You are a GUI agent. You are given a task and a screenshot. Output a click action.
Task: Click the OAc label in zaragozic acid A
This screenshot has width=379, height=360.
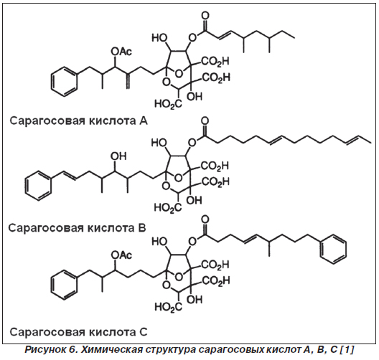[x=121, y=52]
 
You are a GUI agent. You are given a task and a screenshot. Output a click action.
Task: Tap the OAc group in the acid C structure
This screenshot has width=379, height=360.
[x=121, y=255]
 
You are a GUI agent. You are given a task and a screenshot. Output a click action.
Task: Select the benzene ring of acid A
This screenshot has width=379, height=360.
[x=65, y=82]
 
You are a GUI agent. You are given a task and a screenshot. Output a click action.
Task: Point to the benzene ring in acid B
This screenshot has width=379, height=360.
[x=38, y=186]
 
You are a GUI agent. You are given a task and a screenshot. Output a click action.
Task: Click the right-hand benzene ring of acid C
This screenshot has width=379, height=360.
[x=333, y=249]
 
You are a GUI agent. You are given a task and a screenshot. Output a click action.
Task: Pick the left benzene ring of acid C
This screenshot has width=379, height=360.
[x=65, y=285]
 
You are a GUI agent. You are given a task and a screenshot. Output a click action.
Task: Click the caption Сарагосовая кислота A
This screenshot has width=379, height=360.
[x=78, y=120]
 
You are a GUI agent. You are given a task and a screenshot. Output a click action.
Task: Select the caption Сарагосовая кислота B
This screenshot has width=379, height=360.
[x=78, y=227]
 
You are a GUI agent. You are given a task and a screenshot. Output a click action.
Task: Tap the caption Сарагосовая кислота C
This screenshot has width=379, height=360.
[x=78, y=332]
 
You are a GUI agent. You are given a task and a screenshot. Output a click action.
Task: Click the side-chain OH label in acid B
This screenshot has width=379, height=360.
[x=118, y=156]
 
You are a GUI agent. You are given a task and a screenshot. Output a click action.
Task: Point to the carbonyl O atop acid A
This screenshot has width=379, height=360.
[x=205, y=16]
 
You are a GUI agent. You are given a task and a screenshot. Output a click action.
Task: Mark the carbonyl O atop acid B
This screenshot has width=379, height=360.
[x=205, y=121]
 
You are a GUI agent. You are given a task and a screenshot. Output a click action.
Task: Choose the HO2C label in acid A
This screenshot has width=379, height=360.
[x=168, y=104]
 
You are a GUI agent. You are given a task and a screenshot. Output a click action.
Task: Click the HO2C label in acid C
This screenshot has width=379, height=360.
[x=168, y=307]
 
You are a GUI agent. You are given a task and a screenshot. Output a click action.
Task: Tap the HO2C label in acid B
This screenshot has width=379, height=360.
[x=168, y=207]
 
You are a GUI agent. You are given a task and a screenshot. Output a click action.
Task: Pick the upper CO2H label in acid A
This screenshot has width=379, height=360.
[x=215, y=62]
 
